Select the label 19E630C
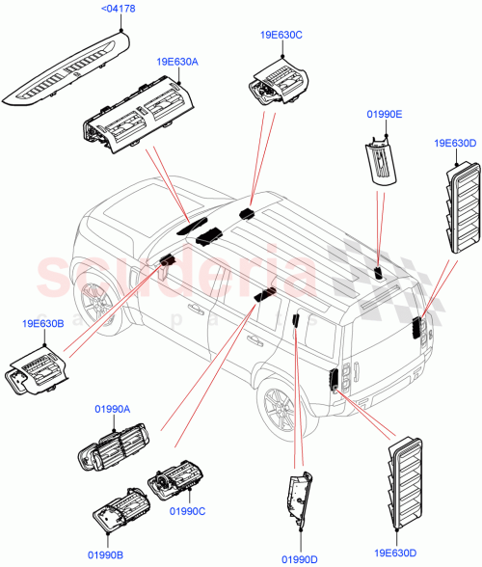tap(281, 35)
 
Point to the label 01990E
tap(385, 114)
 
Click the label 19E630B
tap(40, 324)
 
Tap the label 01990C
tap(187, 511)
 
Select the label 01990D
tap(301, 557)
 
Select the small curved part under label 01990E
tap(381, 159)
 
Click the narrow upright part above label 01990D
tap(298, 498)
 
